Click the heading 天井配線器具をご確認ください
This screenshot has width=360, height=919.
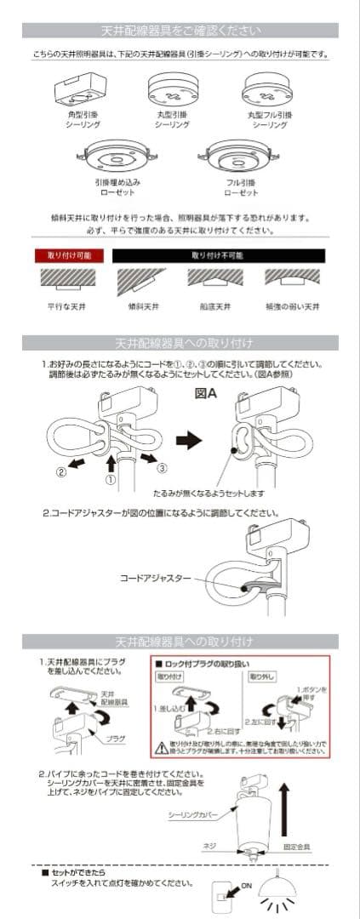(180, 31)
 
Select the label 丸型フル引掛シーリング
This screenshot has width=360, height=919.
(270, 119)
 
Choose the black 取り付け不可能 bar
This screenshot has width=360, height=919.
(218, 254)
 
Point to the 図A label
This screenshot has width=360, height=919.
(206, 393)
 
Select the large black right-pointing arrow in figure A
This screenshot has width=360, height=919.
(188, 439)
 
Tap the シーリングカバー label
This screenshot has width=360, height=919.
(195, 815)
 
